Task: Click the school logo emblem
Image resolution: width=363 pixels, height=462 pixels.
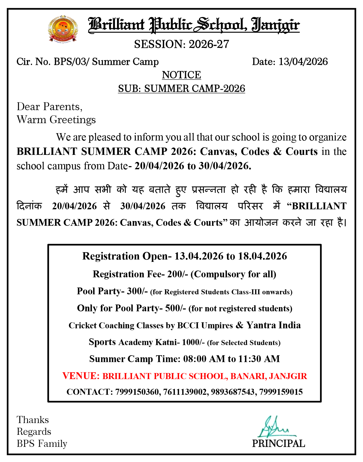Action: coord(63,29)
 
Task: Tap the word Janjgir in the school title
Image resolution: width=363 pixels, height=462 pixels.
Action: coord(275,25)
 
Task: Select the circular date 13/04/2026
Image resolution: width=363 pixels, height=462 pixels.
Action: coord(303,62)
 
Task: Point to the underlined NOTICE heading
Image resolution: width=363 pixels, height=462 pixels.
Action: coord(181,75)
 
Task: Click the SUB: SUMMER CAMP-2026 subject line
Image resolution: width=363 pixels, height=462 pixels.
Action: coord(181,89)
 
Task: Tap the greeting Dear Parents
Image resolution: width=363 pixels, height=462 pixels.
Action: coord(49,107)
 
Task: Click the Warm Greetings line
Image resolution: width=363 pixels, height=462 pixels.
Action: coord(56,120)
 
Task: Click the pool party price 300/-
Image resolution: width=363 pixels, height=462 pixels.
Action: coord(137,291)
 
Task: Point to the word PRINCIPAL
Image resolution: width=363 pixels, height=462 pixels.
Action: coord(278,444)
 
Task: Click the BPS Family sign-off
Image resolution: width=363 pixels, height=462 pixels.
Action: coord(42,444)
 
